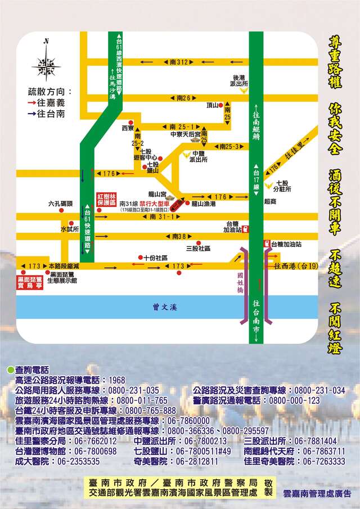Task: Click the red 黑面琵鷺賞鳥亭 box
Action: point(31,282)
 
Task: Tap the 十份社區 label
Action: point(156,258)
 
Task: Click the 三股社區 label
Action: point(197,247)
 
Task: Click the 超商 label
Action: point(270,201)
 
